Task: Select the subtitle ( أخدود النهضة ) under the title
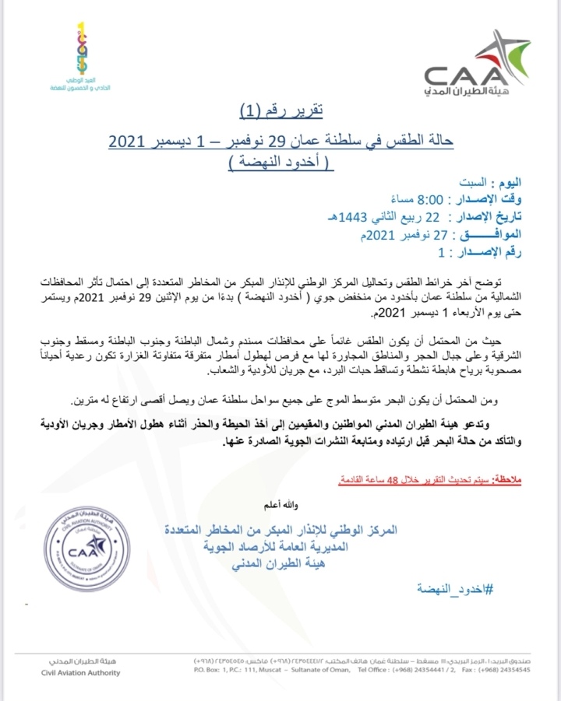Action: [x=280, y=160]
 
